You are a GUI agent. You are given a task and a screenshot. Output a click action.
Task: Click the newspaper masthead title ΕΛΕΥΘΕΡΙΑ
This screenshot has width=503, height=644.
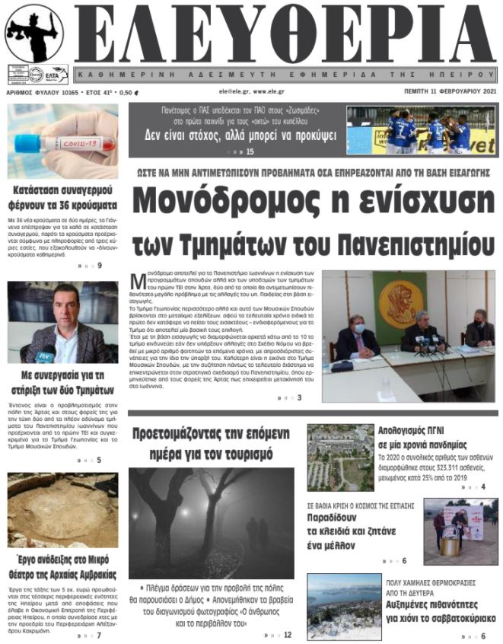tap(285, 34)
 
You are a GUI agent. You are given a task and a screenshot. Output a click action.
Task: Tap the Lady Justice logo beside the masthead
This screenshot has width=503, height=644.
tap(34, 34)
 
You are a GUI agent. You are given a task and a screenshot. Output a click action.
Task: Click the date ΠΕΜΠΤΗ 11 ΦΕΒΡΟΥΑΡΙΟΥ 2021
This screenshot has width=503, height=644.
tap(450, 91)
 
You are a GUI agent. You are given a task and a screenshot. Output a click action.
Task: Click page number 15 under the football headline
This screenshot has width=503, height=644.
tap(250, 151)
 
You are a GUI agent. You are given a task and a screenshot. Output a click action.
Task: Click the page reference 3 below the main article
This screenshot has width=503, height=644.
tap(299, 397)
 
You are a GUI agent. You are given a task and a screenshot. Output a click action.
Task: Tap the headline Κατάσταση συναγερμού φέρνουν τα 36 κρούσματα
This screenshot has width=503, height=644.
tap(63, 198)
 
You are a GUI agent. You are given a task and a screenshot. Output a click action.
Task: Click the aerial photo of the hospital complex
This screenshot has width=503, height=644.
tap(340, 457)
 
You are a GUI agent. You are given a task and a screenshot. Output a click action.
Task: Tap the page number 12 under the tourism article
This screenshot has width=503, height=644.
tap(287, 634)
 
